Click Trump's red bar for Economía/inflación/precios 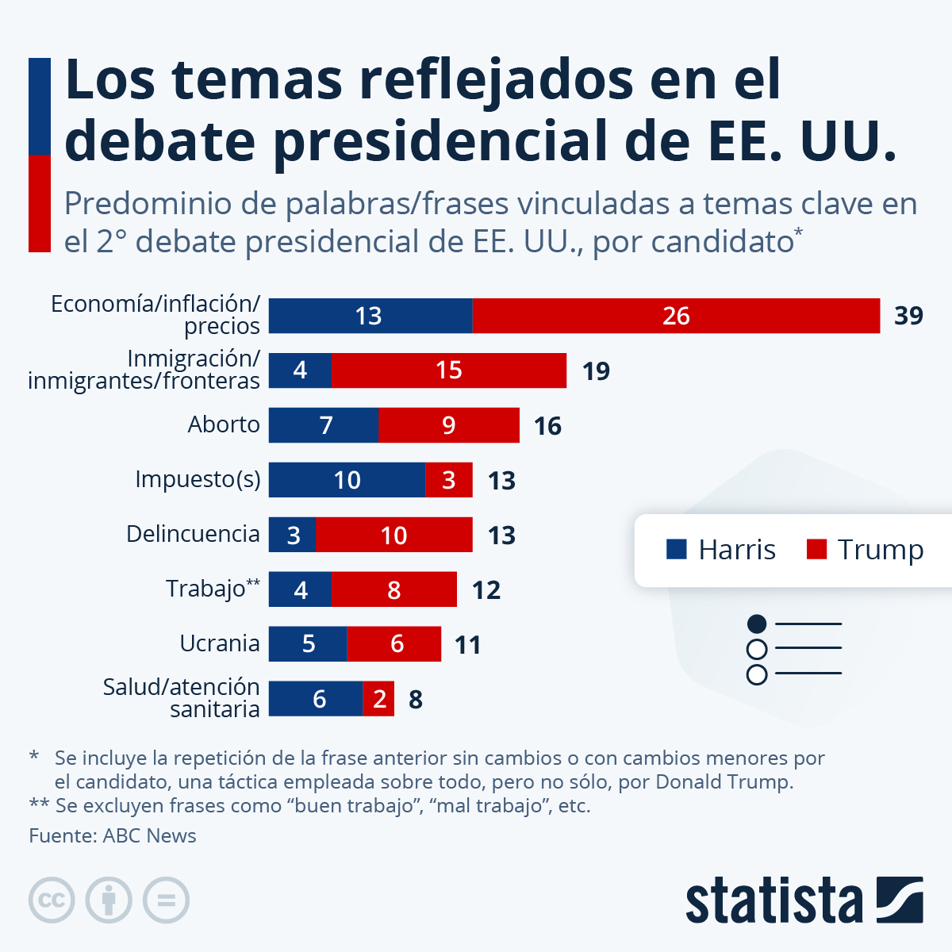(x=676, y=316)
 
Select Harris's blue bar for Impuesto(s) (x=347, y=480)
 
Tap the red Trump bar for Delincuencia (x=393, y=535)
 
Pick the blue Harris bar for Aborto (x=324, y=425)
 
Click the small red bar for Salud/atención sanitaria (x=378, y=699)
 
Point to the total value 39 (x=908, y=316)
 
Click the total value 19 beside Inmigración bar (x=596, y=371)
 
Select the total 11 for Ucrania (x=468, y=645)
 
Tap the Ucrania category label (x=220, y=643)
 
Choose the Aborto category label (x=224, y=424)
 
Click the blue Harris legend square (x=676, y=549)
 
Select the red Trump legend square (x=816, y=549)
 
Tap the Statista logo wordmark (x=774, y=900)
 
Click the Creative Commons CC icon (x=52, y=900)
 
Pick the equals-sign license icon (x=166, y=900)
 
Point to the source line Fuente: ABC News (x=113, y=835)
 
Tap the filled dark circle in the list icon (x=757, y=624)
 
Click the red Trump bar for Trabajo (x=393, y=589)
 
